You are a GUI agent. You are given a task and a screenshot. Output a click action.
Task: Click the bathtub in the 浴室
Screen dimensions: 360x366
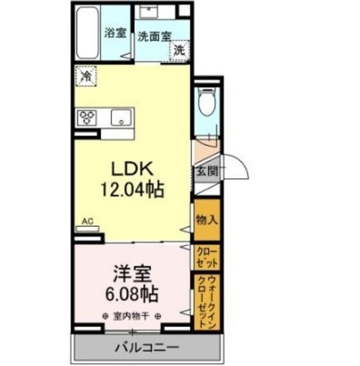pos(87,33)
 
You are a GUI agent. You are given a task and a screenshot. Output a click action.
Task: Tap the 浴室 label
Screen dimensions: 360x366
pos(115,33)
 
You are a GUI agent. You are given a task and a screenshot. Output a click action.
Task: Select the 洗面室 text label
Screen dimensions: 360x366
pos(155,37)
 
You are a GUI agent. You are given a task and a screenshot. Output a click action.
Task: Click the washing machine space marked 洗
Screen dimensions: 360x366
pos(179,50)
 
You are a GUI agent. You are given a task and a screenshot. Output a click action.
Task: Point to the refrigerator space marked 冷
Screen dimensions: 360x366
pos(86,76)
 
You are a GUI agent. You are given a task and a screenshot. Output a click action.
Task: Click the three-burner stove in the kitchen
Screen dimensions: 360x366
pos(87,117)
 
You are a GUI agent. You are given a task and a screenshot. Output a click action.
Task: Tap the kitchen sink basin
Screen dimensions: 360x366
pos(121,117)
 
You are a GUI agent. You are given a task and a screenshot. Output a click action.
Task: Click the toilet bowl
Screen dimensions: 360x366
pos(207,102)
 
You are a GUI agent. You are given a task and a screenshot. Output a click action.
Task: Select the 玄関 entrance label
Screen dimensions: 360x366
pos(207,172)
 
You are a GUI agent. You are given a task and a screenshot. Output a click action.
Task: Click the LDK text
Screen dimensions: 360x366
pos(133,169)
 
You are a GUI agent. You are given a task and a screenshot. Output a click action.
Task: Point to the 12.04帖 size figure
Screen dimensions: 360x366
pos(132,189)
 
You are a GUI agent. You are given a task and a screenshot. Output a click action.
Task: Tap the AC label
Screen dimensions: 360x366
pos(87,221)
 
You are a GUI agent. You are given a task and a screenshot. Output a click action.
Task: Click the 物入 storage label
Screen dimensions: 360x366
pos(207,220)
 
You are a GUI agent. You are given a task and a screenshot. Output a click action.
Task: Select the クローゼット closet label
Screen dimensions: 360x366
pos(207,258)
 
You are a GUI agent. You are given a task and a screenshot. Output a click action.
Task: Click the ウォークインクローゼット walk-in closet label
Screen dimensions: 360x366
pos(207,302)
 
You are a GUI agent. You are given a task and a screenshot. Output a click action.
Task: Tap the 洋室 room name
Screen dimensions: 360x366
pos(133,274)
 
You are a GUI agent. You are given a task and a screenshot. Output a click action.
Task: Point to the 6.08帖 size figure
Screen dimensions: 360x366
pos(132,294)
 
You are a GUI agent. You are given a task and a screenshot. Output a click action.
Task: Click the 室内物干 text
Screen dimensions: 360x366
pos(131,316)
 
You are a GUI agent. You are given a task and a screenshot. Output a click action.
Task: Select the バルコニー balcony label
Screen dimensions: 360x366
pos(147,348)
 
